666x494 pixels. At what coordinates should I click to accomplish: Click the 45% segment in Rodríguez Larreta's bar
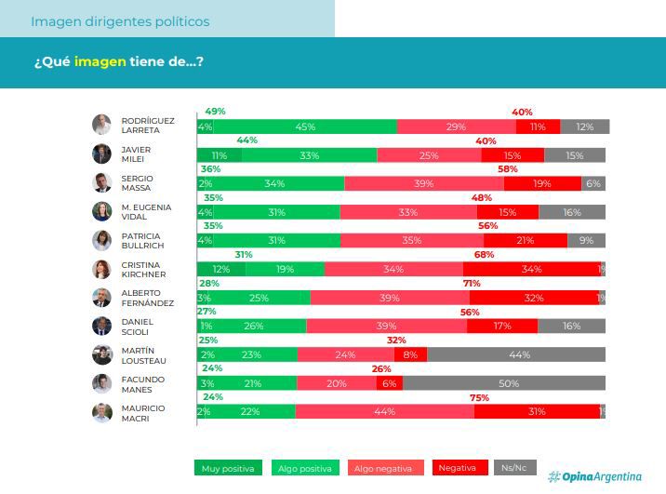coord(304,127)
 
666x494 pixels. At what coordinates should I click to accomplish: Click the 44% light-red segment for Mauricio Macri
coord(384,412)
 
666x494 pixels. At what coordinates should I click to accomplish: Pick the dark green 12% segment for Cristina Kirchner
coord(220,269)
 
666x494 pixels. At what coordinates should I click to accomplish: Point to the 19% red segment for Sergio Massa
coord(542,183)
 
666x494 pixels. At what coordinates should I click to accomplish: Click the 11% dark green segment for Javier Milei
coord(219,155)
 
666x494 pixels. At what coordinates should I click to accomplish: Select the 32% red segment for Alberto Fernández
coord(534,298)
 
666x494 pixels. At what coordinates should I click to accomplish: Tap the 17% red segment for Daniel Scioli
coord(502,327)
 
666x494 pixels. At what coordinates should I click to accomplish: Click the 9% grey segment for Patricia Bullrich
coord(586,241)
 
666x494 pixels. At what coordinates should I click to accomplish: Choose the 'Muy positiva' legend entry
coord(228,468)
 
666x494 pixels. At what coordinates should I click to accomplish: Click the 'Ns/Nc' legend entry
coord(514,468)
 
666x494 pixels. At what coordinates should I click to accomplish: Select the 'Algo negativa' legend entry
coord(386,468)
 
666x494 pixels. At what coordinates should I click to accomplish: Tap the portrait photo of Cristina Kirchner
coord(101,269)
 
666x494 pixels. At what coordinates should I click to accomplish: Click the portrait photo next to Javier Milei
coord(101,154)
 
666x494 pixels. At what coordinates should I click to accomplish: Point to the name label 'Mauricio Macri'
coord(142,413)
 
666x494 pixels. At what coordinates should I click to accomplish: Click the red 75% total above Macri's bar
coord(479,397)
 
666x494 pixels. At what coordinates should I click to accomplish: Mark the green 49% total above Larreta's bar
coord(215,112)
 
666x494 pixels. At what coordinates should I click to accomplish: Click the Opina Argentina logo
coord(594,476)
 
